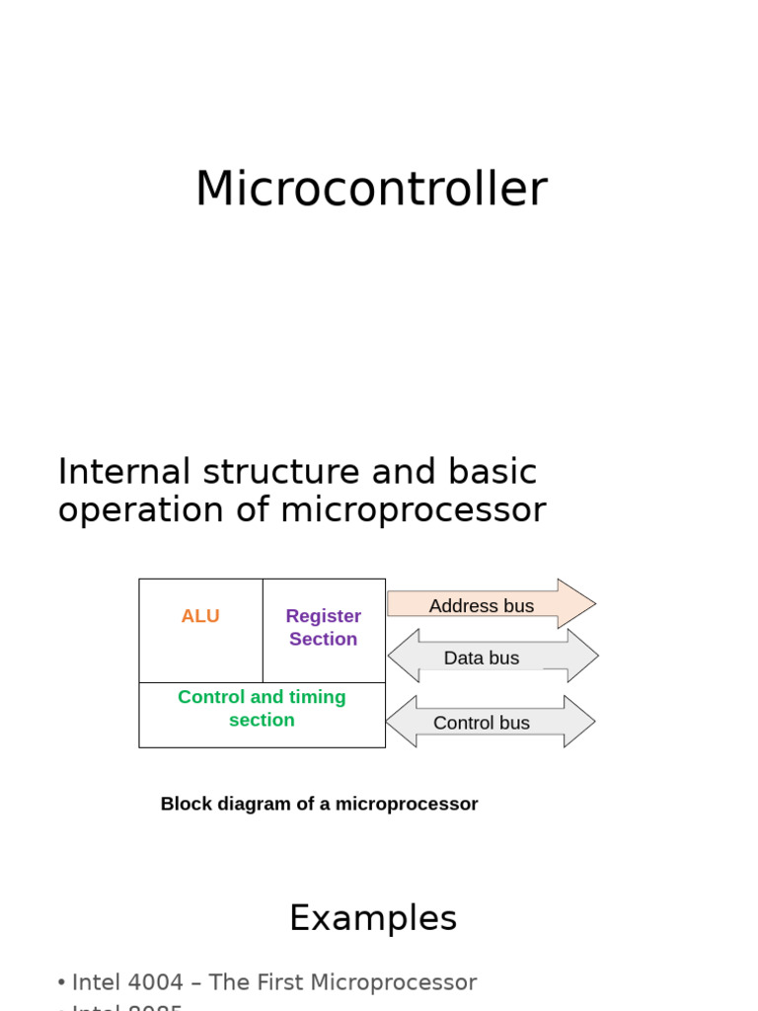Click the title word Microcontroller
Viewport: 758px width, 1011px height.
[x=370, y=189]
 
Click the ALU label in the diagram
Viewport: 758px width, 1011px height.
[x=200, y=616]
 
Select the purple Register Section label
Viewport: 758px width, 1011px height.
[x=324, y=627]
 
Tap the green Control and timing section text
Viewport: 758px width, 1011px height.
[x=262, y=708]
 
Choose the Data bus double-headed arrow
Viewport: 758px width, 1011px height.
[x=492, y=658]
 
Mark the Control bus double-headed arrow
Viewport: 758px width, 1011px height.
[x=490, y=723]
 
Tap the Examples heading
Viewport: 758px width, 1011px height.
[x=373, y=918]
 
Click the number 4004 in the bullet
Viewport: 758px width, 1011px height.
[x=152, y=982]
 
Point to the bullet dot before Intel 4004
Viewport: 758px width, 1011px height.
[x=61, y=983]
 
